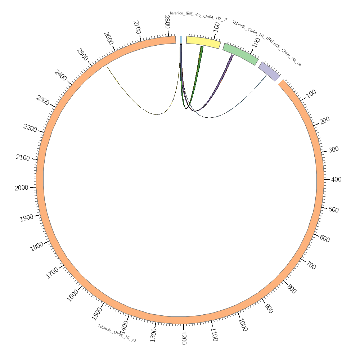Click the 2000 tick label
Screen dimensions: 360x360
(x=21, y=188)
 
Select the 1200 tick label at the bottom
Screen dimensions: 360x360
(x=183, y=338)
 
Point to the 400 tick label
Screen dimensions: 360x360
(x=336, y=179)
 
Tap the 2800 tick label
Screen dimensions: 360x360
(x=167, y=22)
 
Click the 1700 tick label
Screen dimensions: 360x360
(x=53, y=273)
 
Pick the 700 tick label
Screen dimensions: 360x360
(x=311, y=266)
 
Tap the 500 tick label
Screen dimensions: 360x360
(x=333, y=210)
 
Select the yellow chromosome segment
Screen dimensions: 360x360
(x=203, y=42)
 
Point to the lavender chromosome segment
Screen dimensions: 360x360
(x=269, y=72)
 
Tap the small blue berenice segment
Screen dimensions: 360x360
(x=181, y=40)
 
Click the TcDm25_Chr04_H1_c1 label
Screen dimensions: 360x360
(x=117, y=333)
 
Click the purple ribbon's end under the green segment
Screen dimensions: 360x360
(x=232, y=56)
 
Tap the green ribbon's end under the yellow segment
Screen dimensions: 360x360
(x=202, y=47)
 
